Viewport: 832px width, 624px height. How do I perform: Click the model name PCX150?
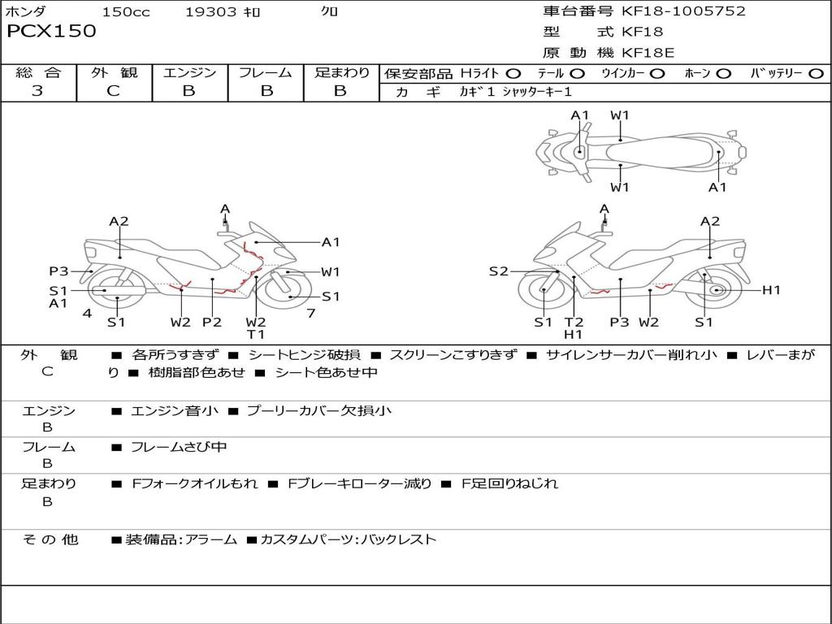pyautogui.click(x=51, y=31)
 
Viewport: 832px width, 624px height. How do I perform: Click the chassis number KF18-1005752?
pyautogui.click(x=683, y=11)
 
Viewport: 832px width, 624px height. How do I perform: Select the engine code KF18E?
pyautogui.click(x=648, y=53)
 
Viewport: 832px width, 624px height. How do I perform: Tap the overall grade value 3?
pyautogui.click(x=37, y=90)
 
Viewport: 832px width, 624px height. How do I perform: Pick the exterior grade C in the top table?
pyautogui.click(x=113, y=90)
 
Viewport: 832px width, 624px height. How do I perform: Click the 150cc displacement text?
pyautogui.click(x=126, y=11)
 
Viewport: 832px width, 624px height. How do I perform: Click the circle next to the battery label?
pyautogui.click(x=816, y=74)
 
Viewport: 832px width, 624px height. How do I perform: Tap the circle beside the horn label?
pyautogui.click(x=723, y=74)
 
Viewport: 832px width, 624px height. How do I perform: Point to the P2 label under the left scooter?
pyautogui.click(x=212, y=322)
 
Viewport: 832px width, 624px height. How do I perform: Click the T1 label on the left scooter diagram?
pyautogui.click(x=256, y=334)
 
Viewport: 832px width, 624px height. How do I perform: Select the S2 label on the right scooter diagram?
pyautogui.click(x=499, y=271)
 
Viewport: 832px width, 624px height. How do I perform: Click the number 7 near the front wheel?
pyautogui.click(x=311, y=313)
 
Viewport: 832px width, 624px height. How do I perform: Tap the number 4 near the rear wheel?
pyautogui.click(x=87, y=313)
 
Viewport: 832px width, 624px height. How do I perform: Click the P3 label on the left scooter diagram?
pyautogui.click(x=58, y=271)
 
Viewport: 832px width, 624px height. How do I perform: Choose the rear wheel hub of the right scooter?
pyautogui.click(x=717, y=290)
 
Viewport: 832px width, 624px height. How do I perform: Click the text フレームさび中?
pyautogui.click(x=179, y=448)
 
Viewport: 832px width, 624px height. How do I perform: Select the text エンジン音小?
pyautogui.click(x=174, y=410)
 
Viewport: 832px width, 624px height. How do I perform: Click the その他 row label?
pyautogui.click(x=50, y=539)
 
